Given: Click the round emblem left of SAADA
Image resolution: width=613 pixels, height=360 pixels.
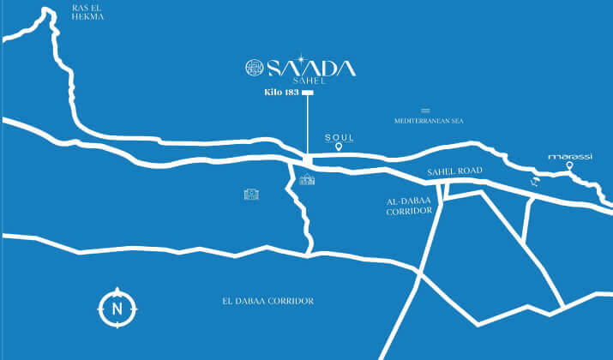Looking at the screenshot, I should (x=255, y=68).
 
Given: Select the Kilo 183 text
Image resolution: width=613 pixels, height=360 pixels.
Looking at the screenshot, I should (x=280, y=92).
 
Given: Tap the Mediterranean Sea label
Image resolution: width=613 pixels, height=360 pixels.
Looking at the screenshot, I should (x=429, y=122).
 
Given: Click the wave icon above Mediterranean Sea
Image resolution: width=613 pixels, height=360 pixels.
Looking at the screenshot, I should (x=425, y=111).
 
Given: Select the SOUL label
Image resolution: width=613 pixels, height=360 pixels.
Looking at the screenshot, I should (x=339, y=137).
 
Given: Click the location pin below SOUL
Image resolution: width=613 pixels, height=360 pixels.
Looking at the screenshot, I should (x=339, y=148).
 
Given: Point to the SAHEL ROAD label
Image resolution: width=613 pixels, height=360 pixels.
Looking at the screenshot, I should (x=455, y=172).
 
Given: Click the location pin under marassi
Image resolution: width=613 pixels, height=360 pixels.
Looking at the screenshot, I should (x=569, y=167).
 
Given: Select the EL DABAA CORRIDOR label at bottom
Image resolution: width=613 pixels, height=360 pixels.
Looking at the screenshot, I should (x=267, y=301).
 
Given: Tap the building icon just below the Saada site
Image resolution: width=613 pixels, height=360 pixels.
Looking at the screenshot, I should (x=307, y=178).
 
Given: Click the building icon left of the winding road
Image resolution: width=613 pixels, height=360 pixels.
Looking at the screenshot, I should (x=251, y=195).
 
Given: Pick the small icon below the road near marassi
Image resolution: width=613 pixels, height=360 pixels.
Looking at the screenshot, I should (x=537, y=182).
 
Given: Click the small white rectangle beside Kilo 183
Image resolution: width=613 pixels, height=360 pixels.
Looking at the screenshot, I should (x=308, y=92).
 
